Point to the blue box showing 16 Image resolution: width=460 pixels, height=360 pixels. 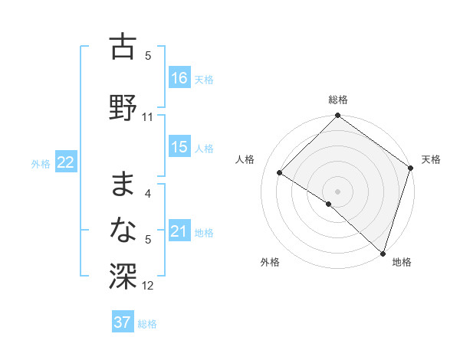click(179, 78)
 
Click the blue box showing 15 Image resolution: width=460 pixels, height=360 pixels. click(179, 147)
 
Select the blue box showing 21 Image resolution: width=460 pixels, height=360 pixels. click(179, 231)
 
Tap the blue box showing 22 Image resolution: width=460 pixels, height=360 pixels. click(66, 162)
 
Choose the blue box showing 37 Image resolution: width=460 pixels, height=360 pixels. click(123, 322)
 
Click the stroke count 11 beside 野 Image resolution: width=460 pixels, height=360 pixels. click(148, 117)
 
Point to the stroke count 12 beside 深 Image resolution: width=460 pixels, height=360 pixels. click(148, 286)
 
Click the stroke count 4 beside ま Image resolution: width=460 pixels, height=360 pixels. click(148, 195)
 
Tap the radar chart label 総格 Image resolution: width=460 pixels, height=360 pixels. click(337, 100)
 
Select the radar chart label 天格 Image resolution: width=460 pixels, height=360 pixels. click(431, 159)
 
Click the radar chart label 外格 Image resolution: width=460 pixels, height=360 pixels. click(270, 262)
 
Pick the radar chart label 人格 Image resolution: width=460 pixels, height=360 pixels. click(245, 159)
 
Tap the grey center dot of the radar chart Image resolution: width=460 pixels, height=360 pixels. click(337, 191)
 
